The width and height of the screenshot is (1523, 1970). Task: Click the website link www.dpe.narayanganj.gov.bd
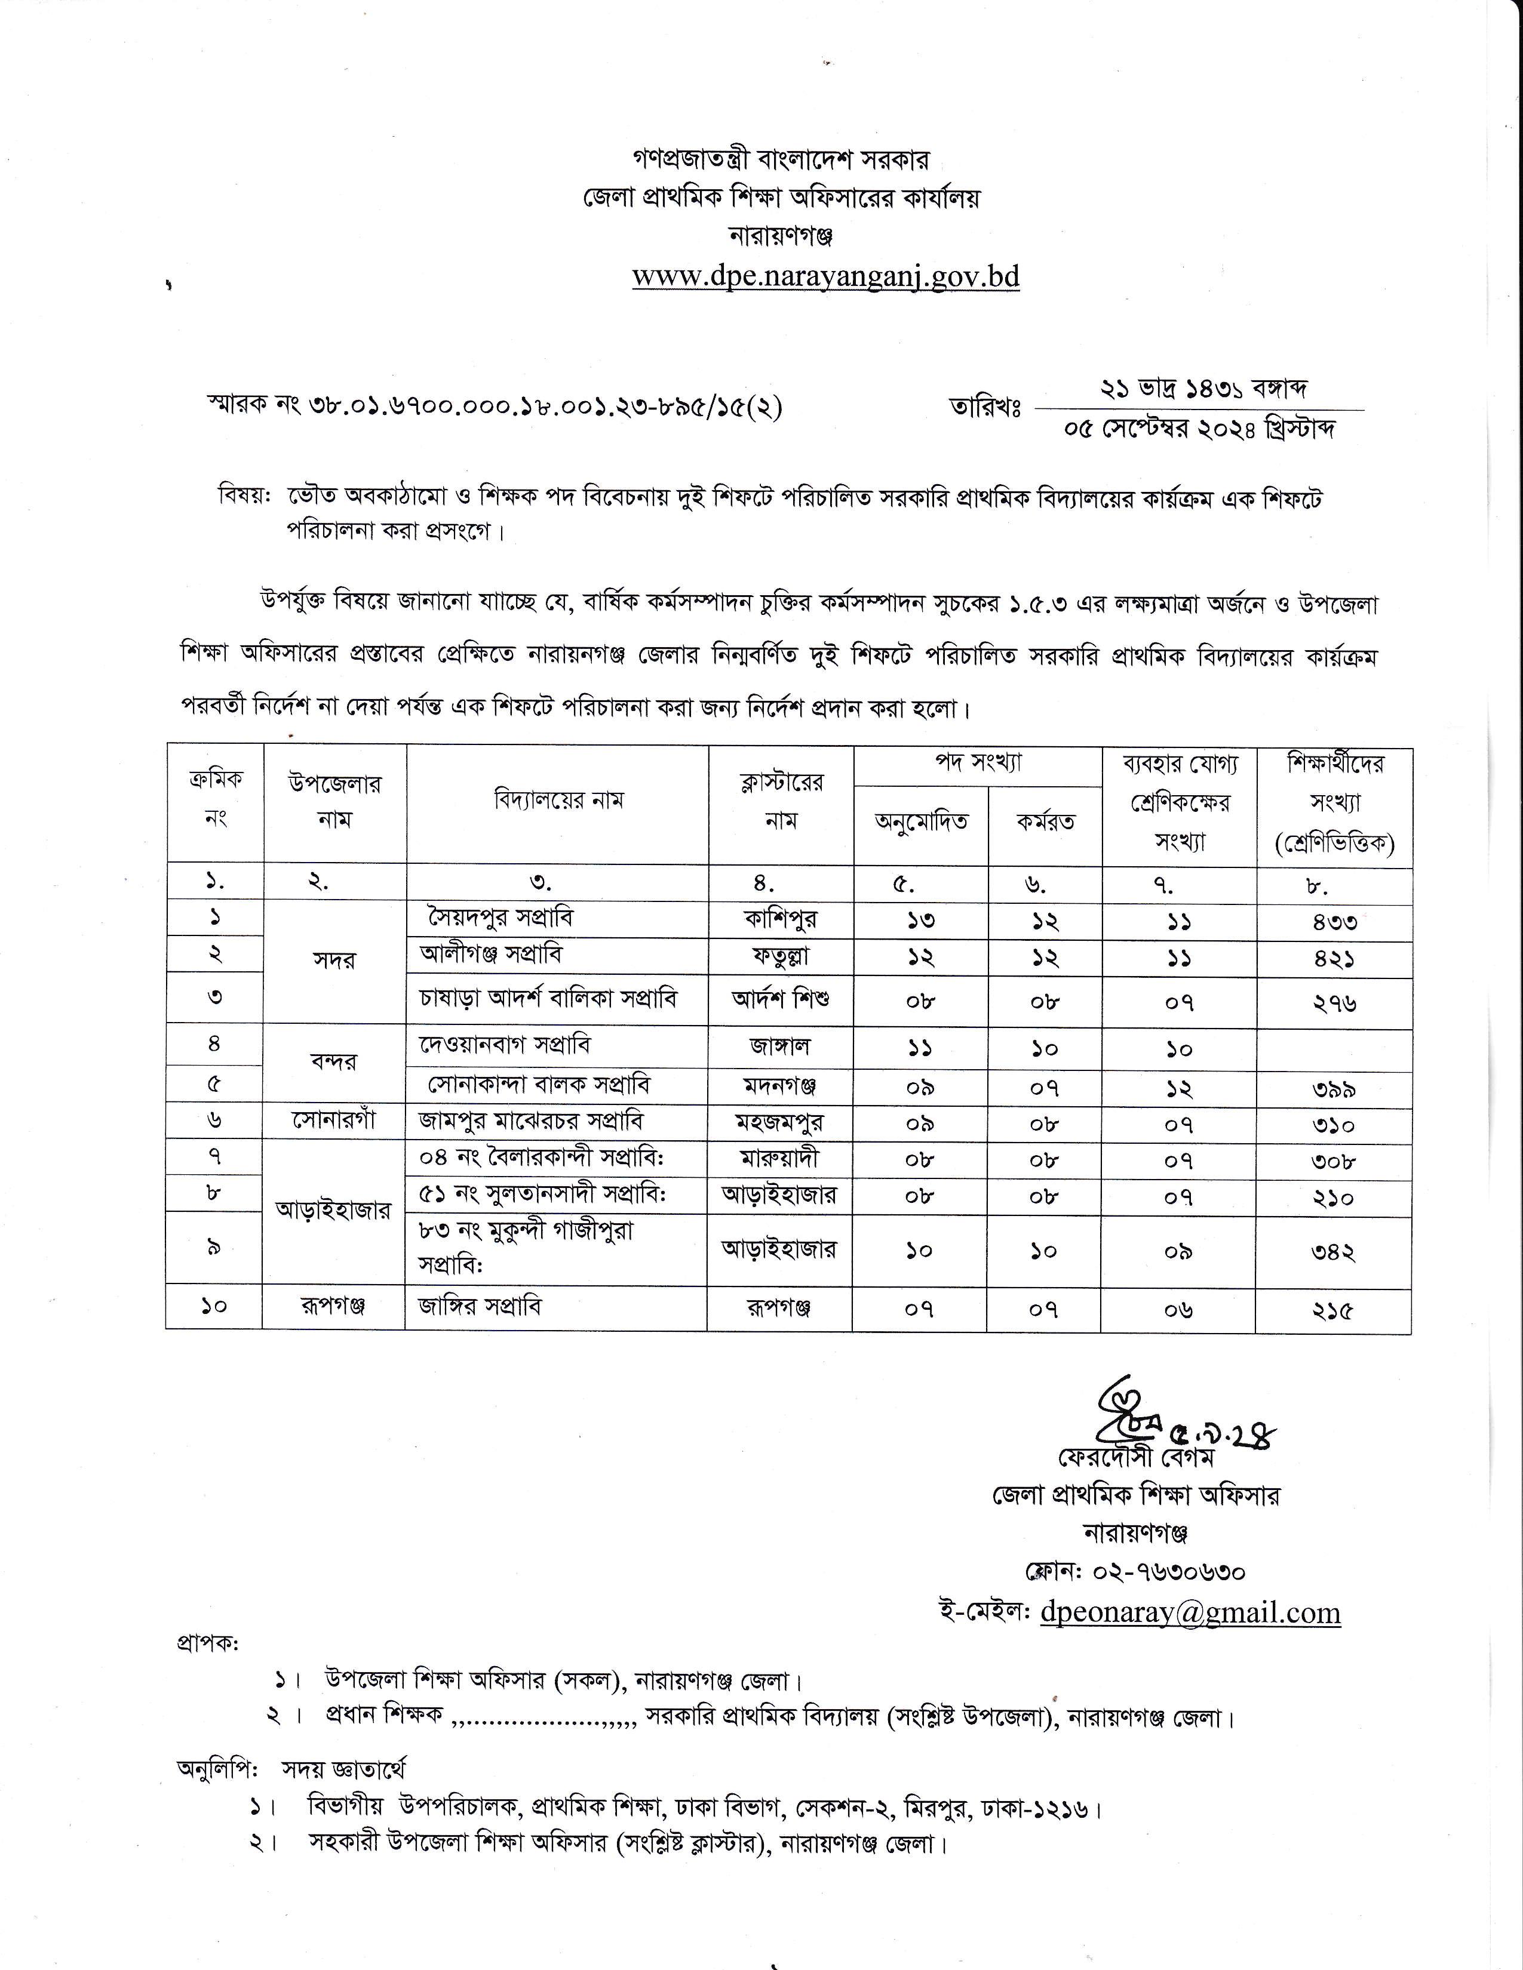pos(825,275)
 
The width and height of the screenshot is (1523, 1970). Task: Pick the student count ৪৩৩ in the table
pos(1334,921)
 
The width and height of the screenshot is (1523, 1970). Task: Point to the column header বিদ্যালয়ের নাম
pos(558,800)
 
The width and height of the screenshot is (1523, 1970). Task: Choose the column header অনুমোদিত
pos(920,822)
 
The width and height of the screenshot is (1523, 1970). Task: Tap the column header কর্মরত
pos(1045,822)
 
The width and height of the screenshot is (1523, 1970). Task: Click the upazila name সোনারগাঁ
pos(334,1121)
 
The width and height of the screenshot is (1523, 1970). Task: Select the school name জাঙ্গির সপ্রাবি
pos(480,1306)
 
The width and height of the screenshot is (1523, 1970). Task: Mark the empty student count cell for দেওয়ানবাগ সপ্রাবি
pos(1334,1049)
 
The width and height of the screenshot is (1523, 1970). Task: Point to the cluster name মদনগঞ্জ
pos(781,1086)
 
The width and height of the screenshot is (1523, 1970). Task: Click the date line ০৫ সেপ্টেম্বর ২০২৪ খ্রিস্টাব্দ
pos(1199,427)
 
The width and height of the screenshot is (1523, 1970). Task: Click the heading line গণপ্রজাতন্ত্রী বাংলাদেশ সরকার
pos(781,159)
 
